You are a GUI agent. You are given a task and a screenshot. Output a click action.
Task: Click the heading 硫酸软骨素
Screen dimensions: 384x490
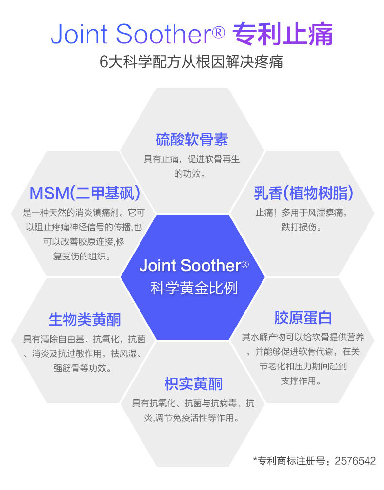(x=192, y=140)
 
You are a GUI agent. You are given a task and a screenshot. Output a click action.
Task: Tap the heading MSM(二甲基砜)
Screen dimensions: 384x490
(x=85, y=193)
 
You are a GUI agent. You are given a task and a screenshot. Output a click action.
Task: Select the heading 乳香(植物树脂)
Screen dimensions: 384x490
(x=303, y=193)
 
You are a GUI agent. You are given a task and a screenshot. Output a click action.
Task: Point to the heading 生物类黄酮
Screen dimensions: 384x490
(x=85, y=319)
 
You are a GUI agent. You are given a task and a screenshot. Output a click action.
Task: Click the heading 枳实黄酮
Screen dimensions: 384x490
(x=193, y=384)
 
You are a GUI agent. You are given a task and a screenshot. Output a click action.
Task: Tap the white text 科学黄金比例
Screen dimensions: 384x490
(x=193, y=288)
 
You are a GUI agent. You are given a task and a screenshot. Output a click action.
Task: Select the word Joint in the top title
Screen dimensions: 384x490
(x=80, y=34)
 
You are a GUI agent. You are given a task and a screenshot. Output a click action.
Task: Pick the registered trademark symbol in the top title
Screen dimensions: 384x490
(x=218, y=32)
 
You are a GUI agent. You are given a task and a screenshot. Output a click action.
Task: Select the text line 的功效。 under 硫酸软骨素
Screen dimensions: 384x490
(x=192, y=173)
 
